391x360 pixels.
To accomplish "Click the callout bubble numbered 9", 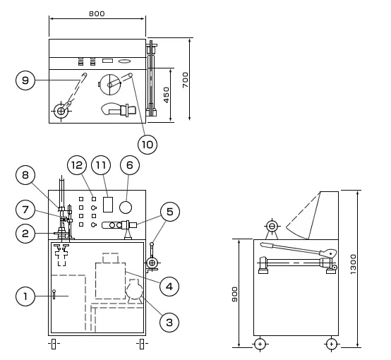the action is (x=25, y=80).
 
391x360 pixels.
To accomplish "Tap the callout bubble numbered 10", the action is (x=148, y=145).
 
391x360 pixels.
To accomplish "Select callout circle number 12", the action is (x=77, y=165).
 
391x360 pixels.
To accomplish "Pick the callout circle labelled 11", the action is (x=101, y=165).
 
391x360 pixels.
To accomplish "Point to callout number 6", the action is (x=130, y=165).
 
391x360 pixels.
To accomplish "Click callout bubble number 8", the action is (x=25, y=175).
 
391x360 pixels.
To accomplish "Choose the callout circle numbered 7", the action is (x=25, y=210).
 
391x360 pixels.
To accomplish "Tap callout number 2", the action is (x=25, y=234).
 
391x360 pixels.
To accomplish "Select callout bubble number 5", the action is (x=169, y=212).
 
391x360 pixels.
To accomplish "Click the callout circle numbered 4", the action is (x=169, y=287).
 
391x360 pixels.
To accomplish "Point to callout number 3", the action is (x=169, y=323).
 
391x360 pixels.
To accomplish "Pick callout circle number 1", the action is (x=25, y=296).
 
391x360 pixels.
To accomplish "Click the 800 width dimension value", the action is (x=97, y=13).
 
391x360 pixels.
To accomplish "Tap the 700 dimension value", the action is (x=186, y=80).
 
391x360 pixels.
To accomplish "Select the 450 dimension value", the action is (x=167, y=95).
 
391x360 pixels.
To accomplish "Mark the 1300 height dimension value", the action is (x=354, y=264).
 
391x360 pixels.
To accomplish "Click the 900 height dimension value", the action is (x=235, y=294).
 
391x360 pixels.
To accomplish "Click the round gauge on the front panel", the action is (x=126, y=208).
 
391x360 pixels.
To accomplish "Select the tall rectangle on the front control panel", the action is (x=108, y=205).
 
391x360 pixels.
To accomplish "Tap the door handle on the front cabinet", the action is (x=54, y=294).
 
